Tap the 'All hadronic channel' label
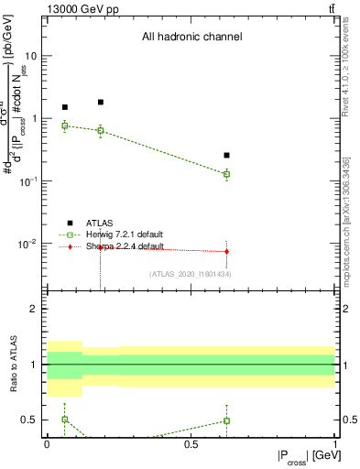coord(191,38)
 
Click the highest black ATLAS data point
coord(101,103)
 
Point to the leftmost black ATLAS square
coord(64,107)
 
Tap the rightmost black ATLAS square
coord(226,156)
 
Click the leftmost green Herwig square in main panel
coord(64,125)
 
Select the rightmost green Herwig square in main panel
coord(226,174)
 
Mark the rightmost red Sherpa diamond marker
coord(226,251)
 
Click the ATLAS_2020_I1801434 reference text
coord(190,273)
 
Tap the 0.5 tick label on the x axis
coord(191,444)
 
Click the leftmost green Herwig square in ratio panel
coord(64,419)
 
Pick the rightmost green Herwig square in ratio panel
coord(226,420)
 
